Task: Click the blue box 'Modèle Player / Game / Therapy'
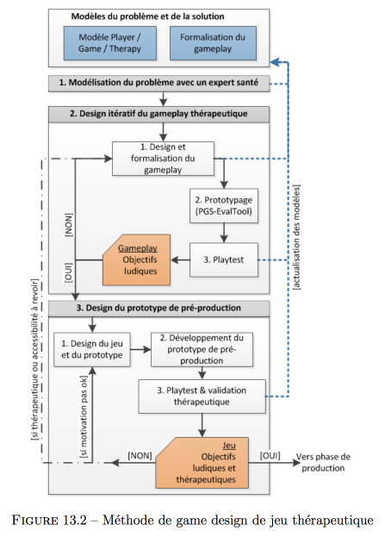point(110,43)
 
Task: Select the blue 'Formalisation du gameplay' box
point(213,43)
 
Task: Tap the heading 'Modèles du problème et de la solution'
point(147,16)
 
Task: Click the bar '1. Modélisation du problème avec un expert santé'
point(158,84)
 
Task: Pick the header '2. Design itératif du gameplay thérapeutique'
point(158,114)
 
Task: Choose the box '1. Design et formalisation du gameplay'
point(164,159)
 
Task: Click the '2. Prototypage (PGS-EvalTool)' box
point(224,205)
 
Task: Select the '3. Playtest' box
point(224,259)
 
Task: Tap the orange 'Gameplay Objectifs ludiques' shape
point(137,260)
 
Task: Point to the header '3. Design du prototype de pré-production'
point(158,309)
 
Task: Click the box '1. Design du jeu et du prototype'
point(91,349)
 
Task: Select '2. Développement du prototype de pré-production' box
point(202,349)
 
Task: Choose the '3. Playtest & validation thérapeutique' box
point(202,397)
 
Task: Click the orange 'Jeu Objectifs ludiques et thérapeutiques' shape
point(202,463)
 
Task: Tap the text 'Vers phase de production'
point(323,462)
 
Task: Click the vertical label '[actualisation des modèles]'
point(296,237)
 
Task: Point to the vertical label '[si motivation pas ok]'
point(84,417)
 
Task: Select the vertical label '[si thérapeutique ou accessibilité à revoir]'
point(35,359)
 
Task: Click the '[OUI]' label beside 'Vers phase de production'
point(270,455)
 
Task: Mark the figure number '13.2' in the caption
point(75,521)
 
